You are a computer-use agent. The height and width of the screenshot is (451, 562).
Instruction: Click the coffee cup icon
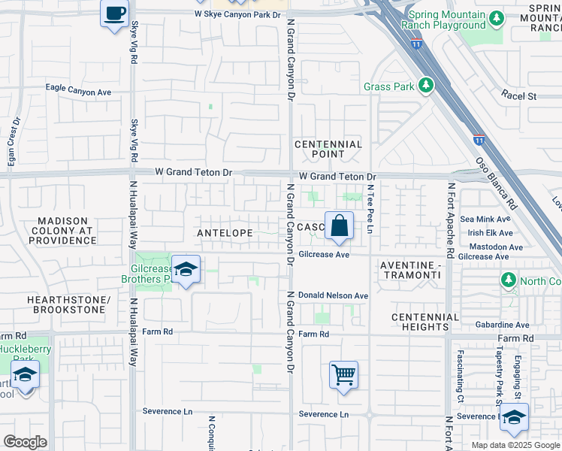point(114,14)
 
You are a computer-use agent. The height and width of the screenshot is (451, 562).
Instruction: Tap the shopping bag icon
point(340,225)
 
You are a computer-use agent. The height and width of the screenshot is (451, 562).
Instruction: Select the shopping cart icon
point(343,374)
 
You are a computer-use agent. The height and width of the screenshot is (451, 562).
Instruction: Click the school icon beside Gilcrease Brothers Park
point(185,270)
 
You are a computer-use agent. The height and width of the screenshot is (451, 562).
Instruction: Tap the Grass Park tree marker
point(427,86)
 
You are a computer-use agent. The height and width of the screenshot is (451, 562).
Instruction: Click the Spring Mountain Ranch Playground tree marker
point(496,18)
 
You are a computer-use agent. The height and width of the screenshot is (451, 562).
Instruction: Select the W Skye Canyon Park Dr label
point(237,14)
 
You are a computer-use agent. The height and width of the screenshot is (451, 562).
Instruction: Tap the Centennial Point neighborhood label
point(328,149)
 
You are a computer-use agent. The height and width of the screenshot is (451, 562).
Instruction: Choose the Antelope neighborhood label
point(225,234)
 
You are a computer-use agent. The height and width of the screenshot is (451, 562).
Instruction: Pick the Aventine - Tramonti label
point(409,271)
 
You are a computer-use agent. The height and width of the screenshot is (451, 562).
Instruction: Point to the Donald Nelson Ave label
point(333,296)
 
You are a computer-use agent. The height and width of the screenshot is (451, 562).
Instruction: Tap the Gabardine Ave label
point(502,325)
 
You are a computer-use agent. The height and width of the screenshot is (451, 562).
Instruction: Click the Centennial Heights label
point(425,322)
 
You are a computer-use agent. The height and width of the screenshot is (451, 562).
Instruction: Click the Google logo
point(25,441)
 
